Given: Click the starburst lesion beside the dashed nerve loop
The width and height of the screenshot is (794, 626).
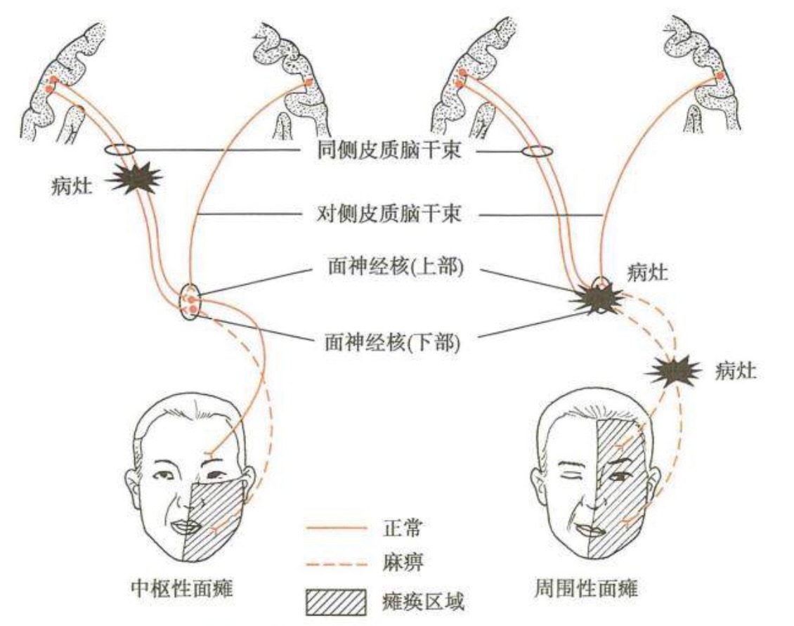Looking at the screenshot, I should (674, 371).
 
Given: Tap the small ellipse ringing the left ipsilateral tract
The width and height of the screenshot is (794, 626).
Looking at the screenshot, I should (119, 150).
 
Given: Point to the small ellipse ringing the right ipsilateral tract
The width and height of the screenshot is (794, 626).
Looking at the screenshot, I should (538, 151).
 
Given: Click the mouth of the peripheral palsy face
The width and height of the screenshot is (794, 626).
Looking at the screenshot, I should (587, 526).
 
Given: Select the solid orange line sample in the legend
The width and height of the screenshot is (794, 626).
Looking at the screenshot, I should (337, 526).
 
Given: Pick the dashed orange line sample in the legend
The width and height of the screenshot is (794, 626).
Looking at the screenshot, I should (337, 563).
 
